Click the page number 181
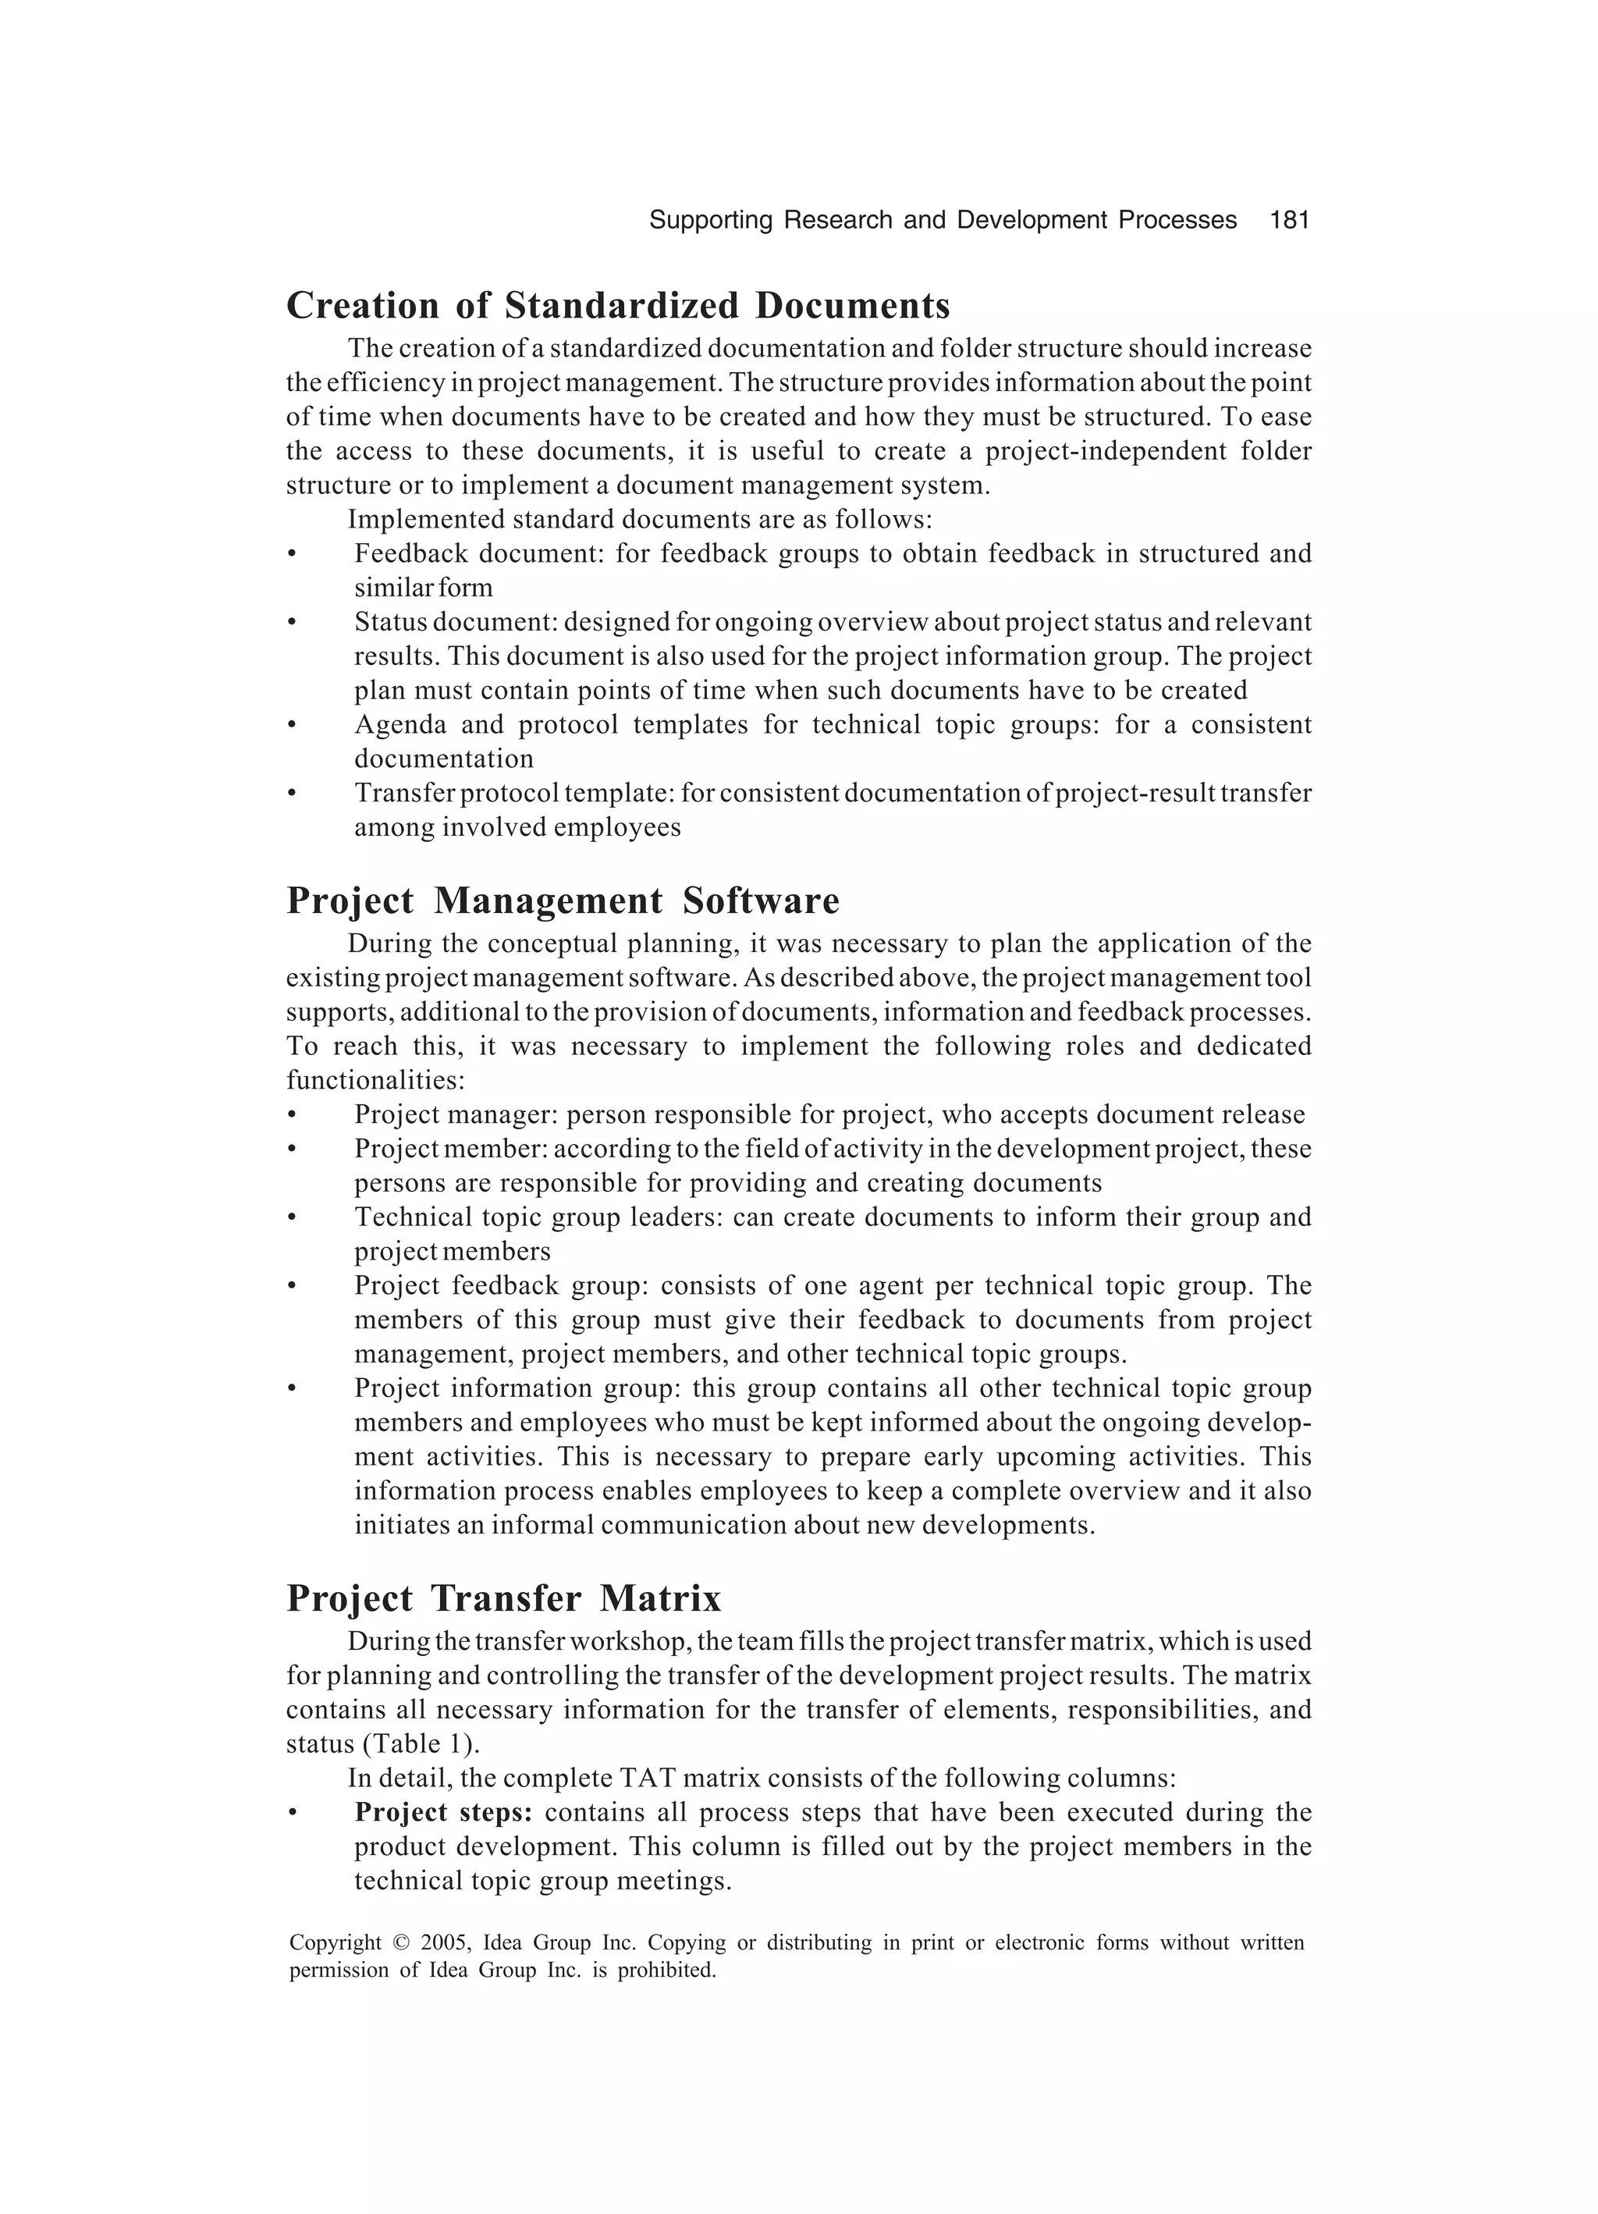1288,221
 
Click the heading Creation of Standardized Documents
618,306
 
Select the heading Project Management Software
563,900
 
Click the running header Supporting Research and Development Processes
942,221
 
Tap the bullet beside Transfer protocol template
291,794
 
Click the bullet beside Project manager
291,1116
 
